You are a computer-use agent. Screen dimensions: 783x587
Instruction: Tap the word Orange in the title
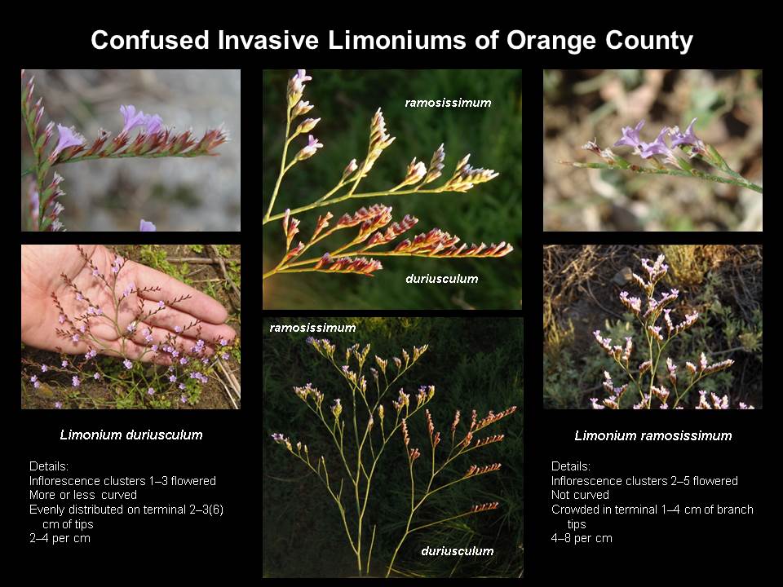point(551,41)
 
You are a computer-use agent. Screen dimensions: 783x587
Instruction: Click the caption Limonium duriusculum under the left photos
point(131,435)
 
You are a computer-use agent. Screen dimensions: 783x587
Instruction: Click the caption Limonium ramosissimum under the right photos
point(653,435)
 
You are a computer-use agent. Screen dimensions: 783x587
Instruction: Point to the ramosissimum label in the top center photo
point(448,103)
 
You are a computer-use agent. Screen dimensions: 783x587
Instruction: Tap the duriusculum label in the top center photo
point(442,279)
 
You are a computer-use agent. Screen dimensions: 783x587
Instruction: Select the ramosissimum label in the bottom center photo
point(312,328)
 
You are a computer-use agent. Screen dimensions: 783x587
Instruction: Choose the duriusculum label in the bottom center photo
point(458,551)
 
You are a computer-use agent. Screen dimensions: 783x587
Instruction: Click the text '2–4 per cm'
point(60,538)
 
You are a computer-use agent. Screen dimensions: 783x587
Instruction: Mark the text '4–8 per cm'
point(582,538)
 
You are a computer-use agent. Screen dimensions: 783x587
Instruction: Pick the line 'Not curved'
point(580,495)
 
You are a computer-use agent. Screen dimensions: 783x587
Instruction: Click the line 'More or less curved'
point(83,495)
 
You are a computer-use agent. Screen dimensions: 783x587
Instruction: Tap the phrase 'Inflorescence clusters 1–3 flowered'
point(123,481)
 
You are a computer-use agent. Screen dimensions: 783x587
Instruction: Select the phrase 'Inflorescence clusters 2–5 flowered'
point(644,481)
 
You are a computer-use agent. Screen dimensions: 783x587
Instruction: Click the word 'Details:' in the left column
point(49,466)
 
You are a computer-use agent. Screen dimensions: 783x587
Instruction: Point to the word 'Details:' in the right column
point(571,466)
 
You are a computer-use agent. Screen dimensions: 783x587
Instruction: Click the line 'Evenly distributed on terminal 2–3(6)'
point(126,510)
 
